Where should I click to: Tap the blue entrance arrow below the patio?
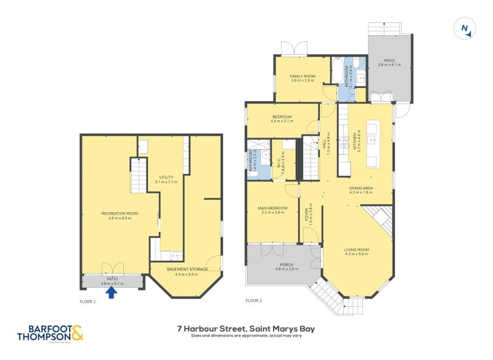click(x=112, y=293)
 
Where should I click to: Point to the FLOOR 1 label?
click(x=88, y=301)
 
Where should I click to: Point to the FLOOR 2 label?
click(x=253, y=301)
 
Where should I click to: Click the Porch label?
click(x=283, y=266)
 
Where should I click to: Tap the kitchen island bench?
click(x=373, y=144)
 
